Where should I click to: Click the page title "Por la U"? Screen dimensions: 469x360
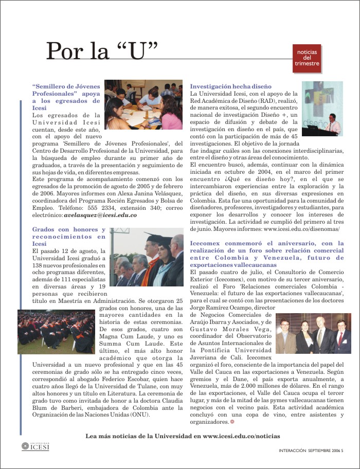click(101, 51)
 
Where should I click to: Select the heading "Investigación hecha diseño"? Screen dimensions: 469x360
click(230, 86)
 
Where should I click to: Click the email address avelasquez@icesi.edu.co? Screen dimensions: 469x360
click(100, 215)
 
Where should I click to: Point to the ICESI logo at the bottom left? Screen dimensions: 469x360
click(35, 446)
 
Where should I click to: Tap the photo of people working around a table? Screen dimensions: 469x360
click(143, 104)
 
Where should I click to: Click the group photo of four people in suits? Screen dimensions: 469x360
click(313, 334)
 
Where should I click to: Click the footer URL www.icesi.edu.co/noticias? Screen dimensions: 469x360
click(242, 436)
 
